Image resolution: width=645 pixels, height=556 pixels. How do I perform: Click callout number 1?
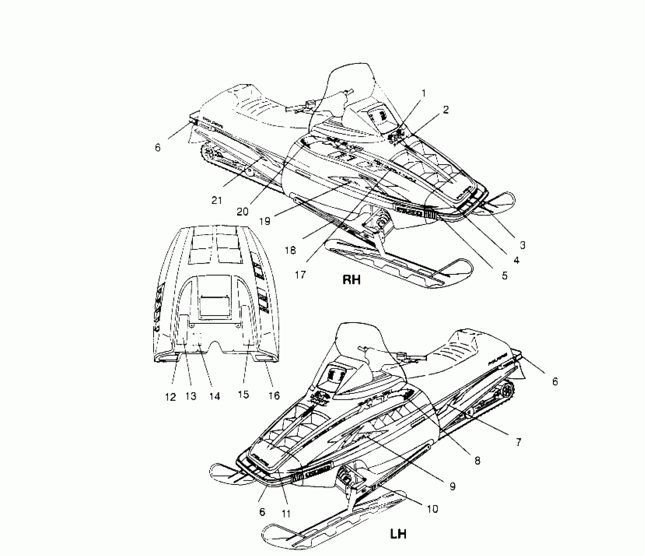424,94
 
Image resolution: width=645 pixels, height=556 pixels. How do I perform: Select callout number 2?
446,110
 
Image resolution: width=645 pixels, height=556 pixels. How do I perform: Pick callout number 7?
518,442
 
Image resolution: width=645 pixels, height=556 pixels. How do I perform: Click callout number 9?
452,486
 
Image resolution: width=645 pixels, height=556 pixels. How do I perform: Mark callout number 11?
286,514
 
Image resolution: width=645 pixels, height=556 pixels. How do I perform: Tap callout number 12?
170,397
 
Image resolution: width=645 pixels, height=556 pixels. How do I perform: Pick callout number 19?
265,221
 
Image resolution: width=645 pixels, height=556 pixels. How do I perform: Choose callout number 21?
217,200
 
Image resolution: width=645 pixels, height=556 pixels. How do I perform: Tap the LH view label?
398,534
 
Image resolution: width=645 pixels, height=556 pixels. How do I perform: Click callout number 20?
242,212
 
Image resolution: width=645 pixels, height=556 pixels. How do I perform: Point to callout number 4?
516,260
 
